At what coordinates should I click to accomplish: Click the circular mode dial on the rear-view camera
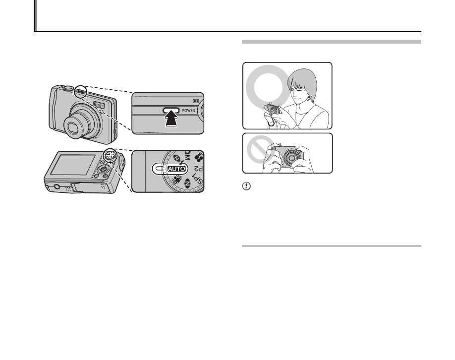click(110, 154)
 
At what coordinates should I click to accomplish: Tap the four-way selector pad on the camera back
click(104, 169)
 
